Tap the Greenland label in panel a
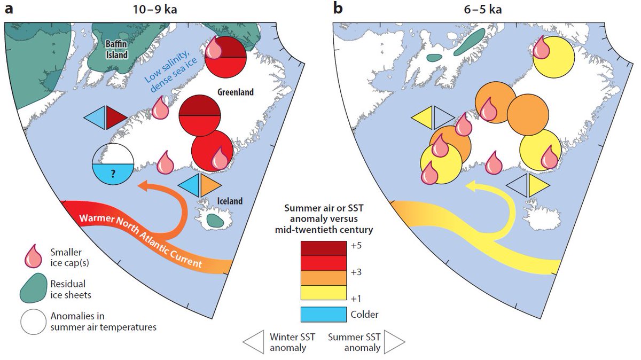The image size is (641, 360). coord(235,92)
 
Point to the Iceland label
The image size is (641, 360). coord(230,201)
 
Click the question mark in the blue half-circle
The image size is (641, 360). coord(113,173)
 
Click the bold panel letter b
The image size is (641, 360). coord(337,7)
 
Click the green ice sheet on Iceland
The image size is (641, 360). coord(215,220)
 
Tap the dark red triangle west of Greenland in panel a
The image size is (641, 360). coord(114,118)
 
